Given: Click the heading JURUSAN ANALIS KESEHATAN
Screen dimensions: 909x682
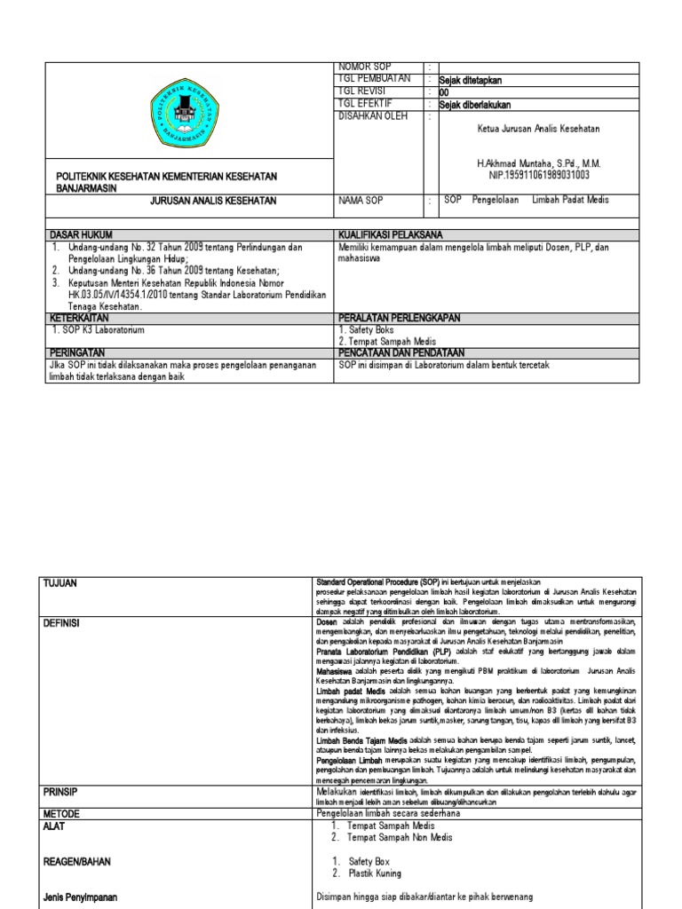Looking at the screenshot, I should pyautogui.click(x=214, y=201).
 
